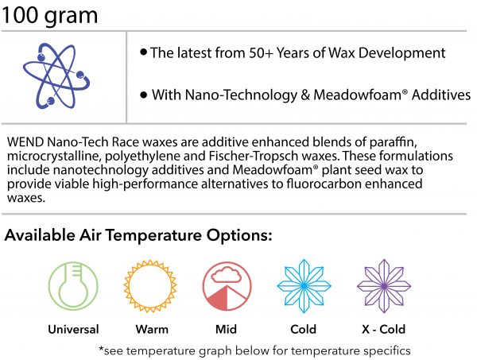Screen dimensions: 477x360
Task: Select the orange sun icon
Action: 150,286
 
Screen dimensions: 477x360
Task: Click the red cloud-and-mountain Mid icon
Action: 227,286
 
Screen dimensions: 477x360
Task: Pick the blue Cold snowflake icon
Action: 304,286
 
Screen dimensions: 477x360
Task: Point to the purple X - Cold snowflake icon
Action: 384,286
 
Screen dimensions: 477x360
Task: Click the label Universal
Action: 73,329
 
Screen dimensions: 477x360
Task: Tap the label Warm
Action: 152,329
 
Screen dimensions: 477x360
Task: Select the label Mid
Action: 226,329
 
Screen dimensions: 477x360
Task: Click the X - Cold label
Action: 384,329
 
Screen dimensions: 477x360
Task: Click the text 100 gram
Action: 49,16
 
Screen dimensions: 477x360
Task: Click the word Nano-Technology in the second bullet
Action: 241,95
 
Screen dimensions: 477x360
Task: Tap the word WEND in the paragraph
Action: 25,142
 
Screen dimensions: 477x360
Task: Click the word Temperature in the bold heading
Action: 153,236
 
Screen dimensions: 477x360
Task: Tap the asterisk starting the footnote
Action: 101,348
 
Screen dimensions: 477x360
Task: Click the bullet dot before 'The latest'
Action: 144,52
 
